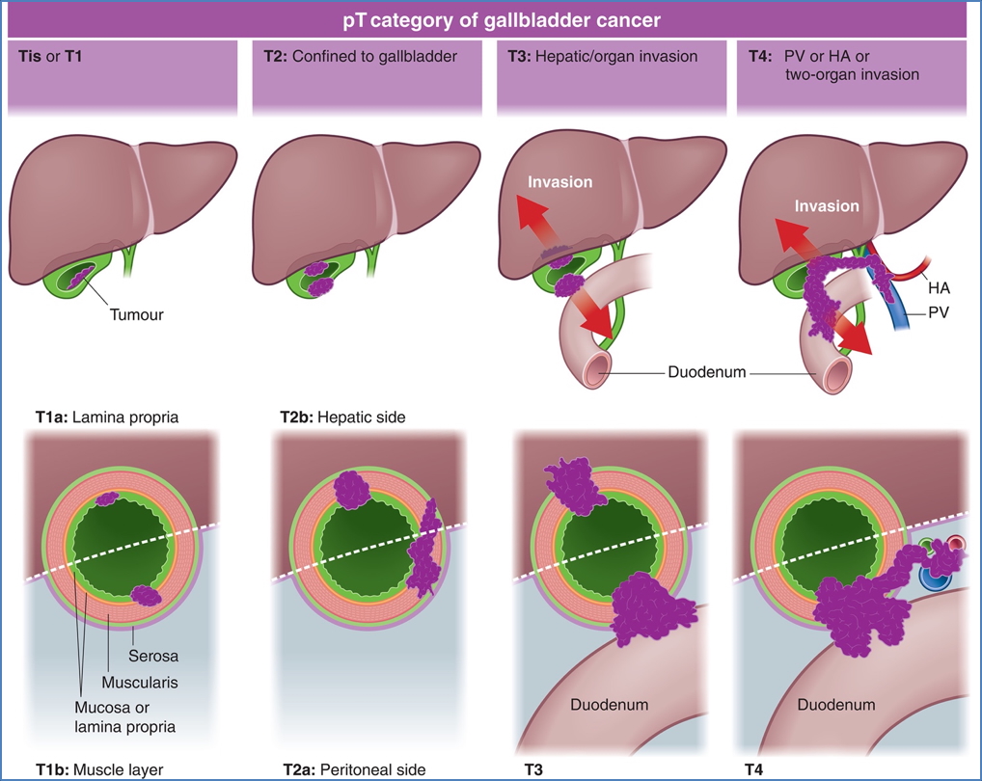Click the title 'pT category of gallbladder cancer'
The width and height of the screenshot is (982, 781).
pyautogui.click(x=490, y=19)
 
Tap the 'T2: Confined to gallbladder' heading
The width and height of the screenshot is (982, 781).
pyautogui.click(x=360, y=56)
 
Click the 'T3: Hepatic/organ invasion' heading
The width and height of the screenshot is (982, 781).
pyautogui.click(x=602, y=56)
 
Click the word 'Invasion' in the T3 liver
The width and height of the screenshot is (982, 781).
pyautogui.click(x=560, y=181)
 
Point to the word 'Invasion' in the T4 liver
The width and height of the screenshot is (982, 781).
pyautogui.click(x=826, y=205)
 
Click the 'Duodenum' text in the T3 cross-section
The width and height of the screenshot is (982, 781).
pyautogui.click(x=609, y=705)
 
